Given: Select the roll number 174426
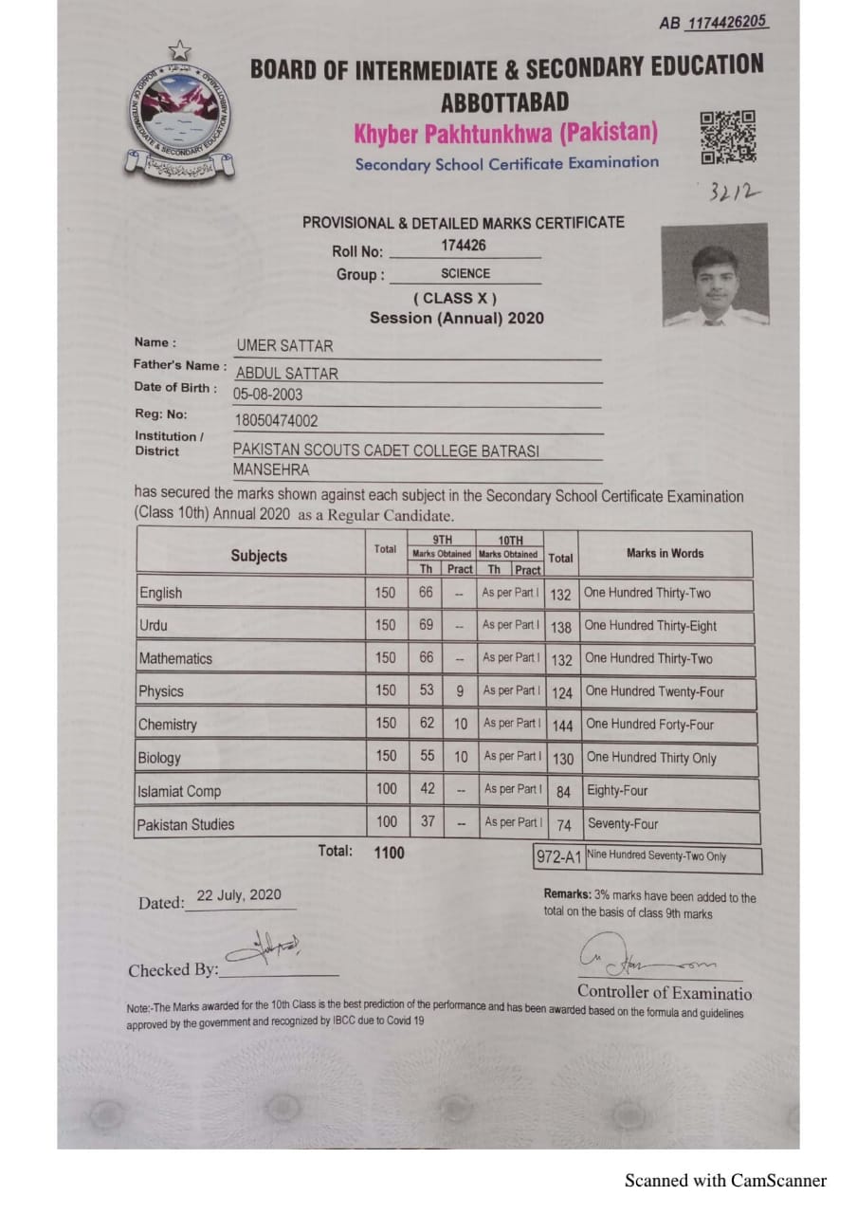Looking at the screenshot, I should pos(464,246).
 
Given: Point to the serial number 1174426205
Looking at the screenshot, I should pos(727,23).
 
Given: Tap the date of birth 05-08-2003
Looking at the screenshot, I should pos(268,395).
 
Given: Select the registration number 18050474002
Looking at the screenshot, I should pos(276,420).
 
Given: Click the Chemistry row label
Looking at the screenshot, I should pos(168,725).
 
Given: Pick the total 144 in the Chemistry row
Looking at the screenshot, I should pos(562,726).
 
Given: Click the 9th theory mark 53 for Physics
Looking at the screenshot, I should pos(427,690).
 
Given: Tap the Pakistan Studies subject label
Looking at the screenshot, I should pos(186,824).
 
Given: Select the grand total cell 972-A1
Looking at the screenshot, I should pos(557,857).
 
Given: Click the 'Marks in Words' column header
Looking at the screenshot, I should pos(665,553).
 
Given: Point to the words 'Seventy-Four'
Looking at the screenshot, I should pos(622,823).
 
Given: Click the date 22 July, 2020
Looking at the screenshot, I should pos(239,894).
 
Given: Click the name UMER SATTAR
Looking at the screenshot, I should pos(284,346).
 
